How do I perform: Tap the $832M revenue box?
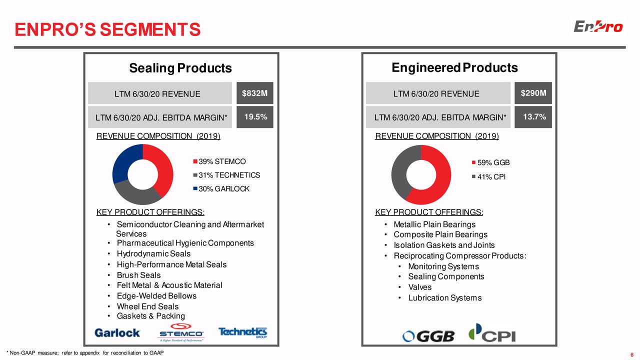click(254, 93)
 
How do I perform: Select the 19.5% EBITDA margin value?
click(255, 117)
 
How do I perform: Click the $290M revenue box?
click(533, 93)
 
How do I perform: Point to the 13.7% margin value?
click(533, 117)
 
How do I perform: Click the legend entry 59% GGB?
click(493, 163)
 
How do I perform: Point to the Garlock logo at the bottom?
click(117, 332)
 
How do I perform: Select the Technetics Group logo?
click(242, 332)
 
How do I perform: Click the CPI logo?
click(491, 333)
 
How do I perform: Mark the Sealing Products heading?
click(180, 68)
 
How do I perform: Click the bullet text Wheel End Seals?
click(147, 306)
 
